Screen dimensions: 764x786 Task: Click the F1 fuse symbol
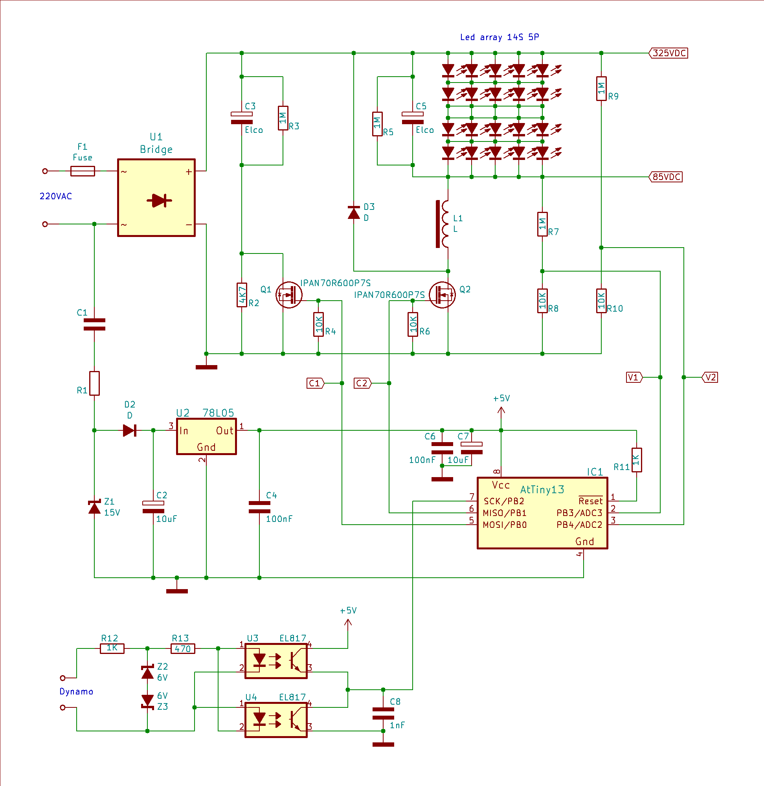click(83, 171)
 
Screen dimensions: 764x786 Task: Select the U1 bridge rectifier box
click(156, 198)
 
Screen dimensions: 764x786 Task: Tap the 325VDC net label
click(668, 53)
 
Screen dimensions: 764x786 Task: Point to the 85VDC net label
click(666, 177)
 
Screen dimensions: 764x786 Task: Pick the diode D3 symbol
click(354, 212)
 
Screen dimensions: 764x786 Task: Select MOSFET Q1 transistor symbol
click(288, 295)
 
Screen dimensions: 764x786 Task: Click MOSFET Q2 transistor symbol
click(442, 295)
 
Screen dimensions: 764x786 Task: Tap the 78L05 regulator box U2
click(206, 437)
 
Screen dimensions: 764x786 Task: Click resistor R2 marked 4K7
click(242, 295)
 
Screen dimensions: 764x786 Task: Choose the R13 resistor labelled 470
click(183, 648)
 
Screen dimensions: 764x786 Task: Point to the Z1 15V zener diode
click(94, 507)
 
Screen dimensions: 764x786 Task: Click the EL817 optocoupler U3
click(276, 661)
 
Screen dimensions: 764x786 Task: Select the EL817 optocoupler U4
click(276, 720)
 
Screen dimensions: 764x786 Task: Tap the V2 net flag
click(710, 377)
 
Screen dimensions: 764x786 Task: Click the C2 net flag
click(362, 383)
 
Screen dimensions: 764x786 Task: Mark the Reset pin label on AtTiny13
click(590, 501)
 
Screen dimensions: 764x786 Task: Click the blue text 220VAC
click(56, 196)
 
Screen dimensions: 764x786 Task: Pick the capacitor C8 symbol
click(383, 714)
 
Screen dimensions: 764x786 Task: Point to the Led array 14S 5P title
click(500, 37)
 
